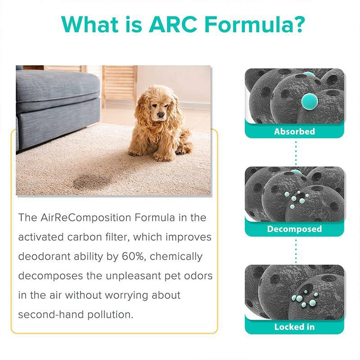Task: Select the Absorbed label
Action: coord(295,131)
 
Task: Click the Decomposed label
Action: coord(295,229)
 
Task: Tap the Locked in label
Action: coord(295,327)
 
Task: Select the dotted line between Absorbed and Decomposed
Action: coord(295,153)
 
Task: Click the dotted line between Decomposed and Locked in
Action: coord(295,251)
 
